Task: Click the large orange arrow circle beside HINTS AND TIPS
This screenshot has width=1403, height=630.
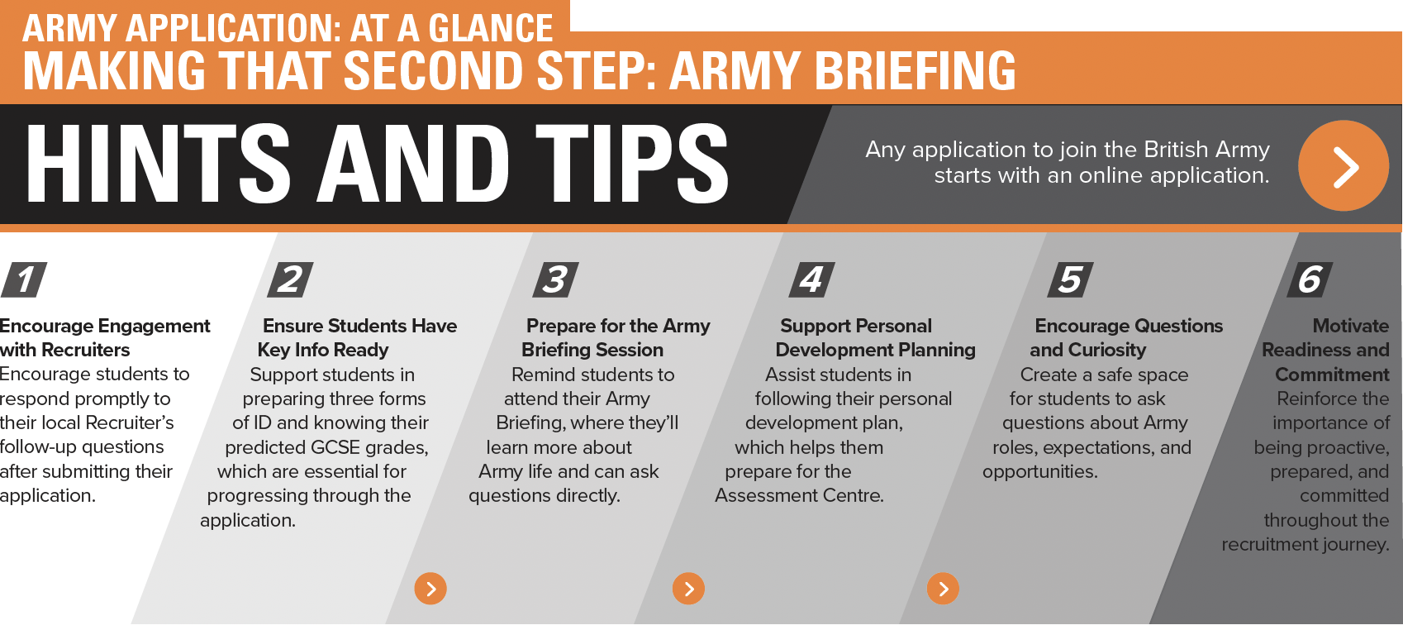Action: pyautogui.click(x=1344, y=165)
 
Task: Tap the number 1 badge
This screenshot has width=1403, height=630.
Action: pyautogui.click(x=25, y=279)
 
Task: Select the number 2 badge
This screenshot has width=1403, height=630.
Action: pyautogui.click(x=290, y=279)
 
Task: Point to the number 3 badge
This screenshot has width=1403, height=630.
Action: pyautogui.click(x=555, y=279)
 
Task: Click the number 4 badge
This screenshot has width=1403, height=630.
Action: pyautogui.click(x=811, y=279)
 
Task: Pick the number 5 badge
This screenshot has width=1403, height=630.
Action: pyautogui.click(x=1070, y=279)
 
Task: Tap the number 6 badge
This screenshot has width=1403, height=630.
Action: pyautogui.click(x=1310, y=279)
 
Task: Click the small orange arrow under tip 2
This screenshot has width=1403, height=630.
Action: pyautogui.click(x=430, y=589)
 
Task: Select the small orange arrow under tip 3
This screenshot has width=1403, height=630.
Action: pyautogui.click(x=688, y=589)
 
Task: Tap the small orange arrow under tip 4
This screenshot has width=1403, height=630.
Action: pyautogui.click(x=943, y=589)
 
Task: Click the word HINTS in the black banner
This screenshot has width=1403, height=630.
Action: pyautogui.click(x=158, y=164)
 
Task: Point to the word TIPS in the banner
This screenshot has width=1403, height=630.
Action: pyautogui.click(x=632, y=164)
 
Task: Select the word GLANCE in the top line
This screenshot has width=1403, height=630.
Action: pyautogui.click(x=491, y=28)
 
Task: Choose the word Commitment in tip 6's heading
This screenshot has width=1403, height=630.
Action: pyautogui.click(x=1332, y=375)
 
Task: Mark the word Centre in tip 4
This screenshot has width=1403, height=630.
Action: pyautogui.click(x=852, y=496)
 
